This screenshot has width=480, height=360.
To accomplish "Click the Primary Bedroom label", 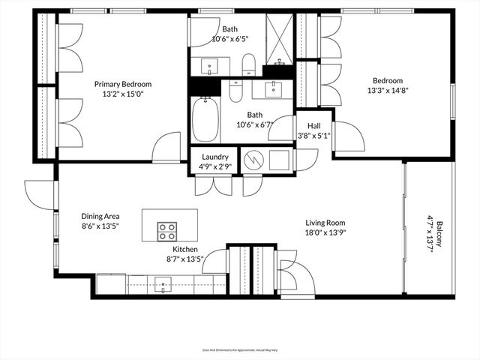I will coord(123,84).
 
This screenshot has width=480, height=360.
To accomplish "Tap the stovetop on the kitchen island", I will coord(166,229).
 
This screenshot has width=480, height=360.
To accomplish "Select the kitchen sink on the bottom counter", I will coord(163,283).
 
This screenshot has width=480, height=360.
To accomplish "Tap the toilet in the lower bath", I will coord(235,91).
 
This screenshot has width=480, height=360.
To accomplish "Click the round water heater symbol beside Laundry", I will coord(253,160).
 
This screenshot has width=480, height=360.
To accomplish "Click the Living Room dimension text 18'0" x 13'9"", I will coord(325,232).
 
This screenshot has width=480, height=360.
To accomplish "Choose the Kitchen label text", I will coord(185,249).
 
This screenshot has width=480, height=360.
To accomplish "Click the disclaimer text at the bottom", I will coord(239,349).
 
